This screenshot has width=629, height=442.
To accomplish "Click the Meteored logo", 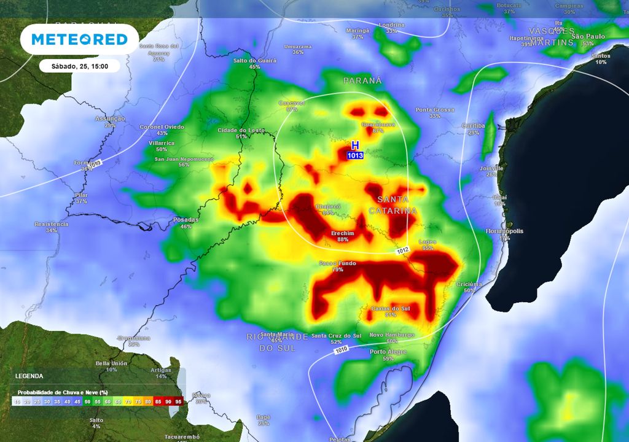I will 79,39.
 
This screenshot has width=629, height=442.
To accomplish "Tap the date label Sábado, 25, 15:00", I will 79,66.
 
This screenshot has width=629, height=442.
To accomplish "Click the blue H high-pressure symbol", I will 354,145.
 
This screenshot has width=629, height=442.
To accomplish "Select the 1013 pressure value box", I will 355,156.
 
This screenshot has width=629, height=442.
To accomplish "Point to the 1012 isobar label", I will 402,250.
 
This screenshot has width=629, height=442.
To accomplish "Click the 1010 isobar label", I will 342,351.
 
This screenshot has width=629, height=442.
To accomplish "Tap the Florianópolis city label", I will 504,231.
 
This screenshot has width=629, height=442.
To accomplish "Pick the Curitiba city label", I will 473,125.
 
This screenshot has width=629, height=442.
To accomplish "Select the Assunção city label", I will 110,118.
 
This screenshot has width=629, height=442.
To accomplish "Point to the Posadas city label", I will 186,220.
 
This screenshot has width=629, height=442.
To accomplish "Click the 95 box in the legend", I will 178,401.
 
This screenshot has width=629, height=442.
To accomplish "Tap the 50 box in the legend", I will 87,401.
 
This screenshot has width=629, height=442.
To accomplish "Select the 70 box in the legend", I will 127,401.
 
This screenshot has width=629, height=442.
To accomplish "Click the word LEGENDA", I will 29,376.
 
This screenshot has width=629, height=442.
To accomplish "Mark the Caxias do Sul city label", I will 391,308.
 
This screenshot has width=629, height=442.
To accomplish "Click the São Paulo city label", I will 588,37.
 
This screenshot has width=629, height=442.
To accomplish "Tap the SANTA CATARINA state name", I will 393,205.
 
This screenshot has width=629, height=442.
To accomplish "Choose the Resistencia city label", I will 52,224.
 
